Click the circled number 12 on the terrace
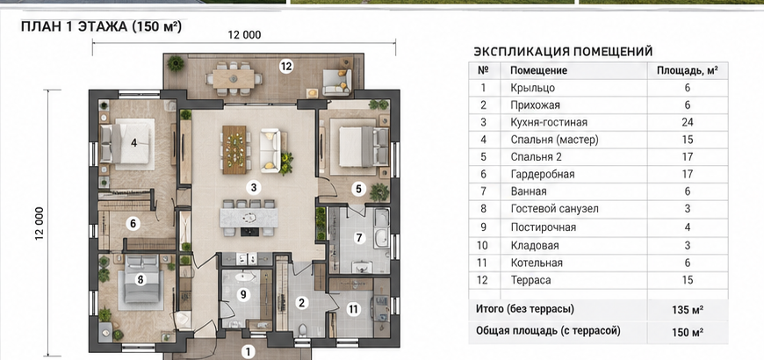point(286,67)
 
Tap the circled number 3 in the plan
point(254,187)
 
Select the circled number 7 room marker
point(359,238)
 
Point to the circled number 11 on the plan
point(353,308)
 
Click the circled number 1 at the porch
point(249,352)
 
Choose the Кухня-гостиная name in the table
point(549,122)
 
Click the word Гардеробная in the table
point(543,174)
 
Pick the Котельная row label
point(537,263)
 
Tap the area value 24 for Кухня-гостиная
point(687,122)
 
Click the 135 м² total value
point(687,310)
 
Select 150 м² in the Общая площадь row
point(687,333)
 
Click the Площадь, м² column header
point(687,70)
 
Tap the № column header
point(483,70)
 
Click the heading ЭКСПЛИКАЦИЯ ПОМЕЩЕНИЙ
point(563,52)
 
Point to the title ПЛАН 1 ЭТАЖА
point(73,26)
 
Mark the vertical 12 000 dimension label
point(40,223)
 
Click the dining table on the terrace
point(234,78)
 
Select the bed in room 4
point(127,143)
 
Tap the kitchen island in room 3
point(249,217)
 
